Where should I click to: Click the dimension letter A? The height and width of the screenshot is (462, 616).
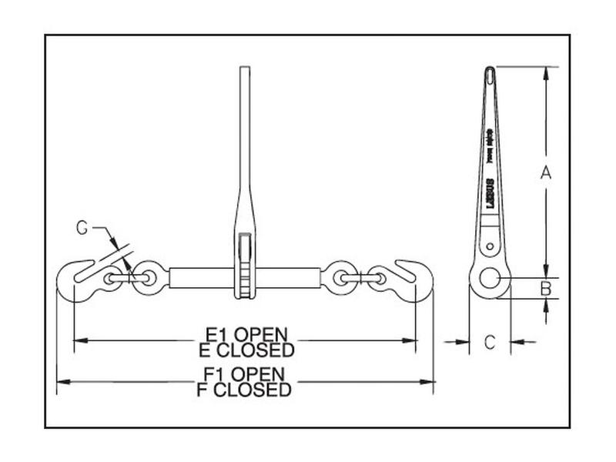click(x=545, y=173)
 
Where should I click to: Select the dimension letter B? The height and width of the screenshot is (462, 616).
click(x=545, y=288)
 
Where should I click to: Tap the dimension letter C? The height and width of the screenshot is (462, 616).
click(x=490, y=343)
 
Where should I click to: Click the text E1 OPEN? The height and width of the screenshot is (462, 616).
click(x=246, y=335)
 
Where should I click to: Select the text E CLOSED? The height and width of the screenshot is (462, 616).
click(x=246, y=351)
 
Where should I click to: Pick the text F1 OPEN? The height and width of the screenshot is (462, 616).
click(x=245, y=374)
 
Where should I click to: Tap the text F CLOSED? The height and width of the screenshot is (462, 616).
click(x=245, y=390)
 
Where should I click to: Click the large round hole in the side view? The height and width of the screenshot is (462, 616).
click(x=490, y=278)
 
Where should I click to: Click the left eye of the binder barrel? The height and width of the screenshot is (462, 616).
click(x=149, y=277)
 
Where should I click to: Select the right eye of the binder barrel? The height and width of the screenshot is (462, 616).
click(x=339, y=277)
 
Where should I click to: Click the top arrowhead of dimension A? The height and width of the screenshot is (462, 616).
click(x=546, y=72)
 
